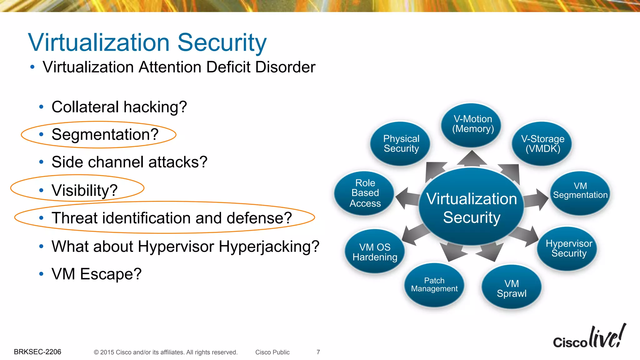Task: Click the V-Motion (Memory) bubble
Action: pyautogui.click(x=472, y=124)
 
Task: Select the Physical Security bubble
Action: pyautogui.click(x=401, y=143)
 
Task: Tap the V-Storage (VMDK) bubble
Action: pyautogui.click(x=543, y=143)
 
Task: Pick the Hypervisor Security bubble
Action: pyautogui.click(x=568, y=248)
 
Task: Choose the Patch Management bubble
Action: pyautogui.click(x=434, y=285)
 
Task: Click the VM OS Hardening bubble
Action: pyautogui.click(x=375, y=252)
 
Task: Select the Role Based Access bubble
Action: pyautogui.click(x=365, y=193)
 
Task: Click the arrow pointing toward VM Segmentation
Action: pyautogui.click(x=536, y=199)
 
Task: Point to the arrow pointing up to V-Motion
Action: pyautogui.click(x=472, y=159)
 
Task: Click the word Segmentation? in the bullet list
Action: pyautogui.click(x=105, y=135)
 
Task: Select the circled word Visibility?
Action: pyautogui.click(x=84, y=190)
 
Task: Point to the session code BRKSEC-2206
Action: pyautogui.click(x=37, y=352)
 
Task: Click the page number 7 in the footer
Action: pyautogui.click(x=318, y=352)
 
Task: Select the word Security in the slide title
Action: pyautogui.click(x=222, y=42)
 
